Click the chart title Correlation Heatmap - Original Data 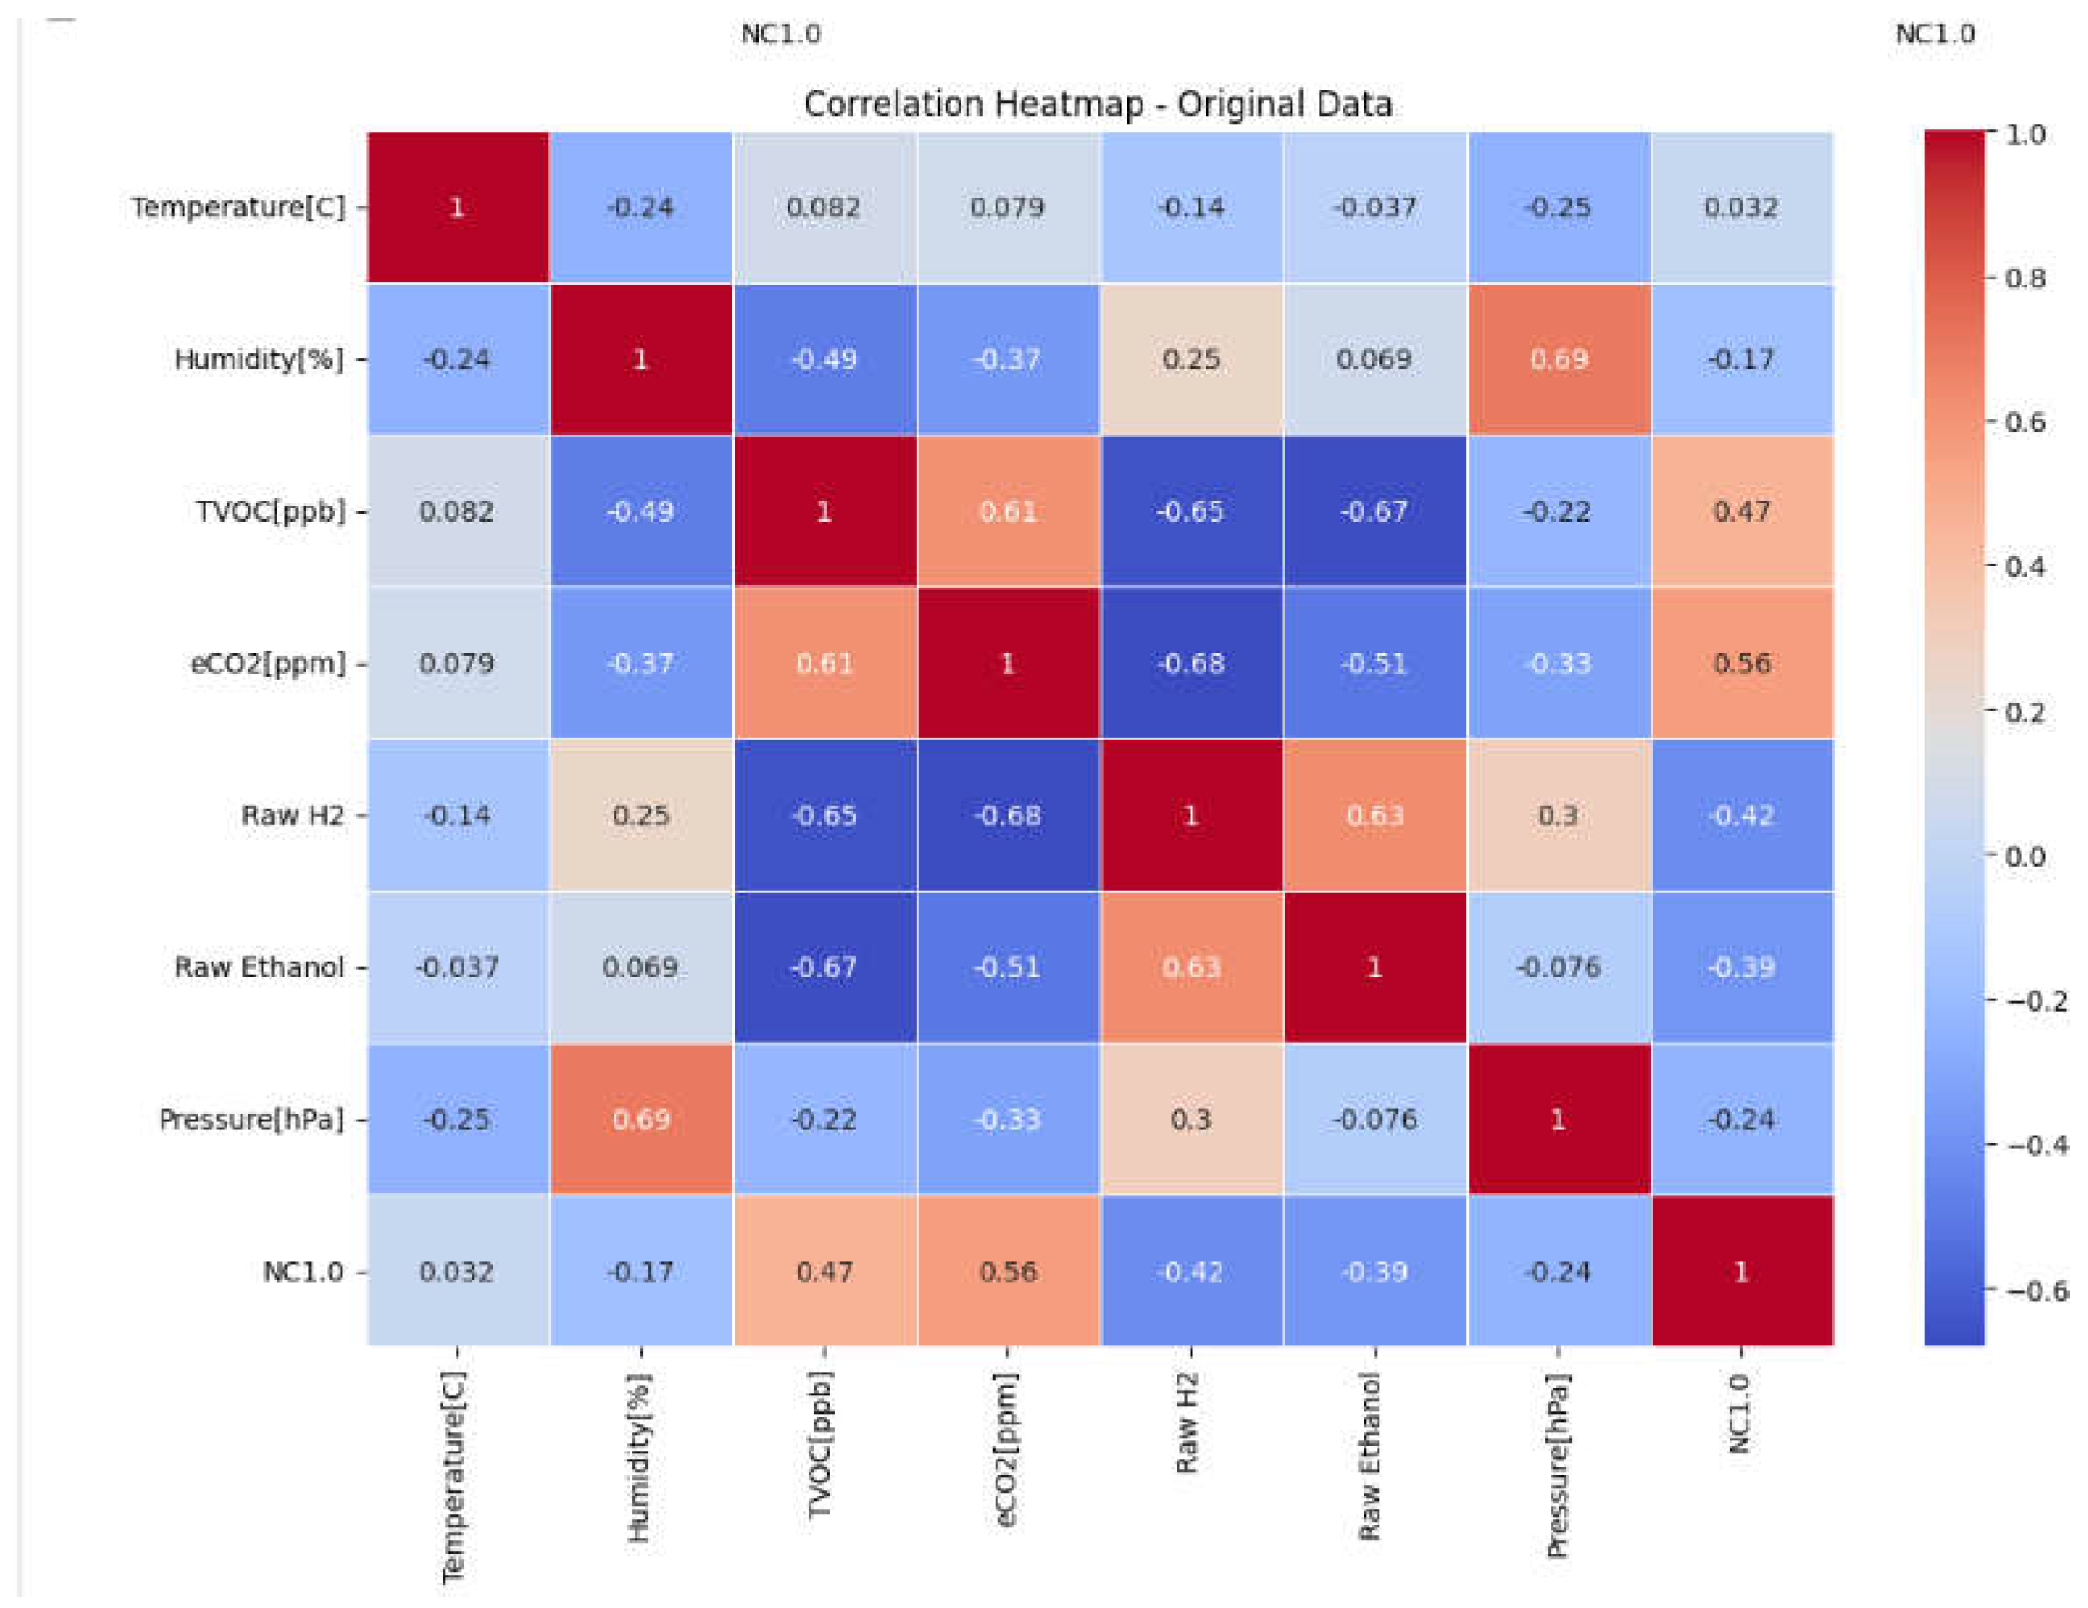pos(1098,104)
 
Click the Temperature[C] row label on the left pos(238,206)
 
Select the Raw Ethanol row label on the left pos(258,967)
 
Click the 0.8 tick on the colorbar pos(2025,278)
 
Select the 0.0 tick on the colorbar pos(2025,855)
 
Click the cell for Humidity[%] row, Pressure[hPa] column pos(1559,358)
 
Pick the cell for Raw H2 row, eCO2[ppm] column pos(1008,816)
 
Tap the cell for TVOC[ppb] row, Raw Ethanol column pos(1374,510)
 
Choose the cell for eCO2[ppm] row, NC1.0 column pos(1741,662)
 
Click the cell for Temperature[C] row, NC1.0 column pos(1741,206)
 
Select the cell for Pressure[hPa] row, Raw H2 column pos(1191,1119)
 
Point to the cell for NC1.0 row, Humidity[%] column pos(639,1272)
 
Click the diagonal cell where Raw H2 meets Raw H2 pos(1191,816)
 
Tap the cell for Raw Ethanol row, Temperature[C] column pos(457,967)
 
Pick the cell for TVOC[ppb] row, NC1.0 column pos(1741,510)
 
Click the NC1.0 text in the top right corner pos(1934,33)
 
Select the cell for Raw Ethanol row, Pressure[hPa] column pos(1559,967)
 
